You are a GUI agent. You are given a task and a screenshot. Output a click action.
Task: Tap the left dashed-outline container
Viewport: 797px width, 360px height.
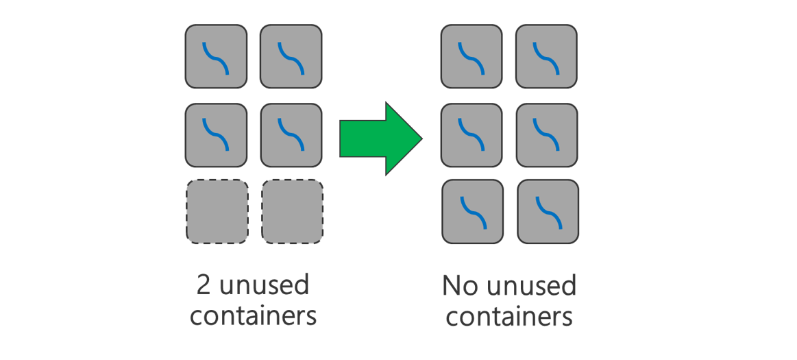click(217, 211)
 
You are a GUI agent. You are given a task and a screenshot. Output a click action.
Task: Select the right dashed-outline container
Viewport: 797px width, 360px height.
click(292, 211)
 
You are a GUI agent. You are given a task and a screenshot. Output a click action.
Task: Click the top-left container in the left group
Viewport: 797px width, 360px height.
click(216, 56)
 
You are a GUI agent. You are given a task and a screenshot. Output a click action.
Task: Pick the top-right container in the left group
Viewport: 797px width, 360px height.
click(291, 56)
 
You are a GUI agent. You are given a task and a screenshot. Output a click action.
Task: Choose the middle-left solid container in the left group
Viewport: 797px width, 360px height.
click(216, 135)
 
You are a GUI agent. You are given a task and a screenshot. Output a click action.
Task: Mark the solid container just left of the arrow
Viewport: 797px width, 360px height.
click(291, 135)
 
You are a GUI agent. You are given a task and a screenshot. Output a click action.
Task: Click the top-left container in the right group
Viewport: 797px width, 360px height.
click(471, 56)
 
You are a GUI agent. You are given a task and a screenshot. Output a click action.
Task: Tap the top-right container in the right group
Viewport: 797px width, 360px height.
click(546, 56)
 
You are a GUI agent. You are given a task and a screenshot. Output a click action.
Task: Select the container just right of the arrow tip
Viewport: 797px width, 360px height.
click(471, 135)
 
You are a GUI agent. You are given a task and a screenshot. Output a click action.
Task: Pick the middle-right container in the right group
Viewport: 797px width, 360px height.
click(546, 135)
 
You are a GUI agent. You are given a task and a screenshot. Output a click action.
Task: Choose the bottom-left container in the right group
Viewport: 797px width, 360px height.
click(472, 211)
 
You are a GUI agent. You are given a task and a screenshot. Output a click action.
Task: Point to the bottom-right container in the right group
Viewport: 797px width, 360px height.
click(548, 211)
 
